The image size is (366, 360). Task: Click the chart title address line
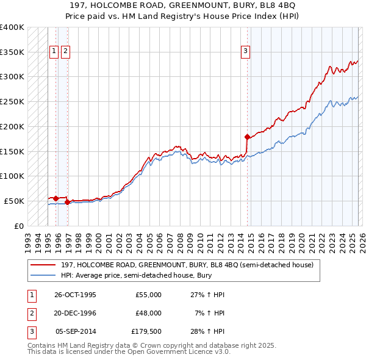(183, 5)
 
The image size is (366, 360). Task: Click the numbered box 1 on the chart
(54, 52)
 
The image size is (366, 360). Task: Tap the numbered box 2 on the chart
(65, 52)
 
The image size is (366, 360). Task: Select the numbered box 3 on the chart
(245, 52)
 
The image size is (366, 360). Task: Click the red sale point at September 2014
(247, 137)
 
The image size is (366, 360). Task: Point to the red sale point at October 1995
(56, 198)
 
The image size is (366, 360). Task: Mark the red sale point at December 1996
(68, 202)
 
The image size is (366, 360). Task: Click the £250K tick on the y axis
(12, 101)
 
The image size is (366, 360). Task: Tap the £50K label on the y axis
(14, 201)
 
